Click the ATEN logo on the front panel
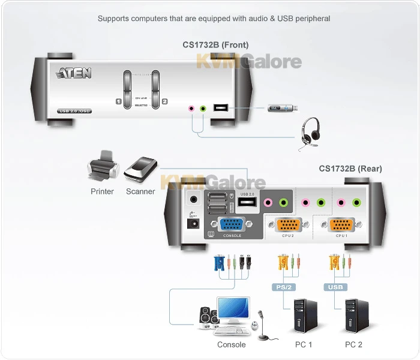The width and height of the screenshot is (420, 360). pos(74,74)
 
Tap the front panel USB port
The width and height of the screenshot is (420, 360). pos(221,109)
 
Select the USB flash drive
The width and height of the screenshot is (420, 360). pos(282,108)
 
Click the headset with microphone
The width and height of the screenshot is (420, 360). pos(309,131)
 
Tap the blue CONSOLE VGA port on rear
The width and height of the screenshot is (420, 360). pos(232,225)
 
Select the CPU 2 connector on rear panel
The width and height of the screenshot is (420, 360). pos(287,225)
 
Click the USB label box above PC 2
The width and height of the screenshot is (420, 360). pos(336,287)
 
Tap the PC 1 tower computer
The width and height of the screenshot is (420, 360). pos(303,317)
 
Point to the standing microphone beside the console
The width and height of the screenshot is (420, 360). pos(261,324)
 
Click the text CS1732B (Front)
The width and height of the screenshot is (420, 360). pos(215,44)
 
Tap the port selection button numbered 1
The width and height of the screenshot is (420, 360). pos(127,90)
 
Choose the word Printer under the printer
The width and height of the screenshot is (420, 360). pos(102,191)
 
